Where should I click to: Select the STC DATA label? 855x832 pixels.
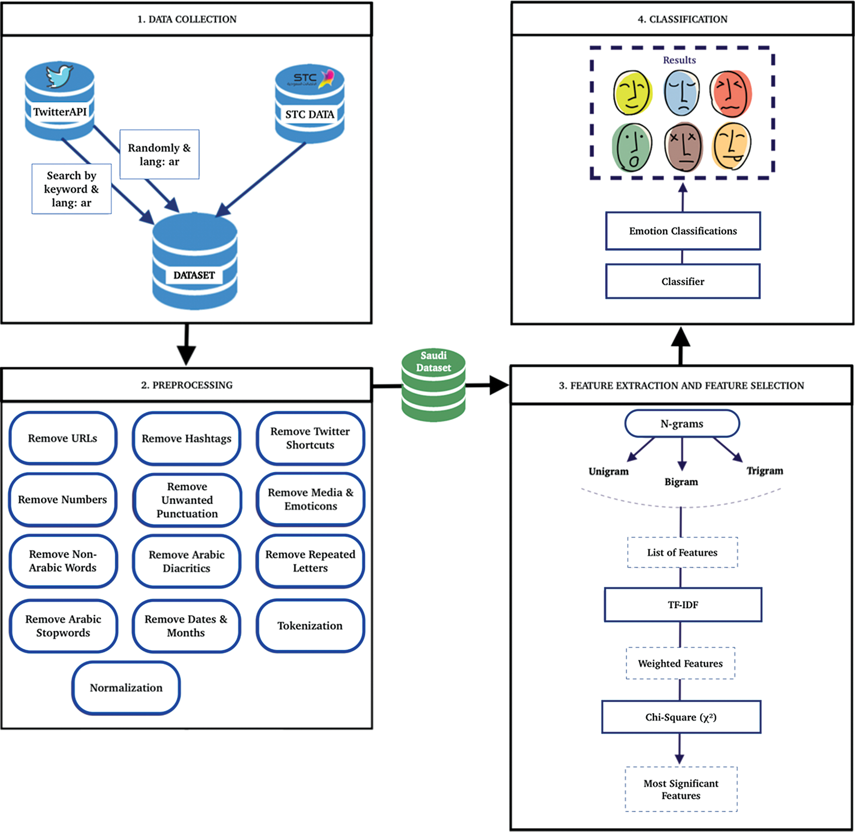tap(309, 114)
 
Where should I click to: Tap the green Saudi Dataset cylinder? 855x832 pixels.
tap(433, 385)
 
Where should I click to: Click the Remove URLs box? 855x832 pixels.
tap(63, 438)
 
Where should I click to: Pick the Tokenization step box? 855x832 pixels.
tap(310, 626)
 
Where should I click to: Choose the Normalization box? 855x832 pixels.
tap(126, 688)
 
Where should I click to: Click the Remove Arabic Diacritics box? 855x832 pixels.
tap(187, 561)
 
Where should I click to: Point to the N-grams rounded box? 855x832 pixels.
tap(682, 423)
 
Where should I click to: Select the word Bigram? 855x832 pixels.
tap(681, 482)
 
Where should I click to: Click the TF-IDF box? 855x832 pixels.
tap(683, 604)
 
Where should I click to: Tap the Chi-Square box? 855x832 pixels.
tap(681, 717)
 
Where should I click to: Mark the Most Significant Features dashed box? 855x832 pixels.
tap(681, 789)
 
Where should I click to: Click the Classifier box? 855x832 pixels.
tap(683, 281)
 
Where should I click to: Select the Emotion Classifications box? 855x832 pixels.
tap(683, 231)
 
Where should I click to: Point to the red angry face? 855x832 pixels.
tap(731, 93)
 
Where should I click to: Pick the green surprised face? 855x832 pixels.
tap(632, 147)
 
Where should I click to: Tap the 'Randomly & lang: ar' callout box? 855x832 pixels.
tap(159, 155)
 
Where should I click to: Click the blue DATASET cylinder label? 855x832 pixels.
tap(194, 275)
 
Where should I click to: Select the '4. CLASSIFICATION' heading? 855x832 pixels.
tap(683, 19)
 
